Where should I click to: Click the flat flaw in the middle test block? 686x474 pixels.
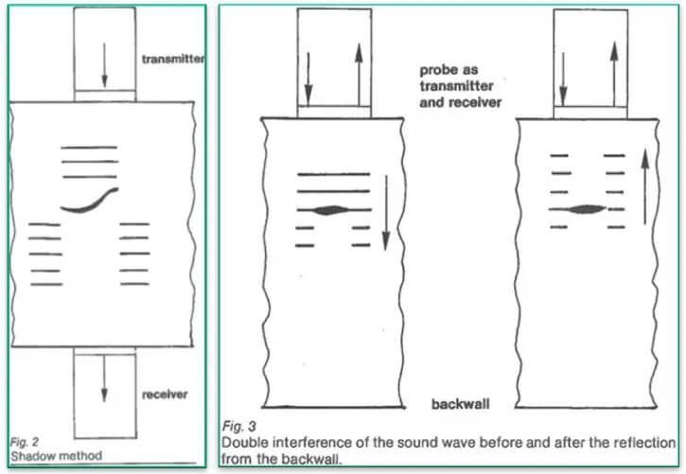[x=333, y=209]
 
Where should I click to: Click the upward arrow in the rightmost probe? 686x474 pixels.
[x=613, y=70]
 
